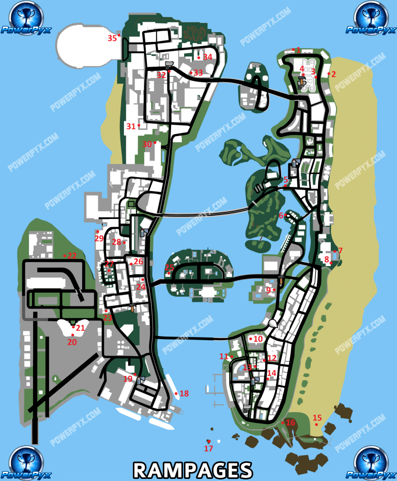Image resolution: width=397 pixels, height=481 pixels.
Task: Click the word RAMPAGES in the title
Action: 193,469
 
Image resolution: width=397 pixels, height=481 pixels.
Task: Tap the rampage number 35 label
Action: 112,38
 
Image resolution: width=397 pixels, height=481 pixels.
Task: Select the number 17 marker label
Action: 208,448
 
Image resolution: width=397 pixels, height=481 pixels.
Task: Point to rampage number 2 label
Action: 333,74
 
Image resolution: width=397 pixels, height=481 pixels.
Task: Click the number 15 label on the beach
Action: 317,418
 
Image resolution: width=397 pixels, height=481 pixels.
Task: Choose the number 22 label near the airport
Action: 72,255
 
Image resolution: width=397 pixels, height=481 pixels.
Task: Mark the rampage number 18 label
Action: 184,393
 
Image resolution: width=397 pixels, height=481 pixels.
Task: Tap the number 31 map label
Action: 131,126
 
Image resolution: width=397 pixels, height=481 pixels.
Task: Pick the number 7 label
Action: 340,251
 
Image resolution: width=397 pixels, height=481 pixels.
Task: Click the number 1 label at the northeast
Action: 298,50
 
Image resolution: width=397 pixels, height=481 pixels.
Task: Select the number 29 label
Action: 99,238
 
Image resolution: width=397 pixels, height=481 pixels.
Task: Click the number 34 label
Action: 208,57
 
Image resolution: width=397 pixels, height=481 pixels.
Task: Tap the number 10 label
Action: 258,339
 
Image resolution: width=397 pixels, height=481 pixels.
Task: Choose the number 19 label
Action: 128,379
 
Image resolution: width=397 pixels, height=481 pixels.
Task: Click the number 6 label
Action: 282,215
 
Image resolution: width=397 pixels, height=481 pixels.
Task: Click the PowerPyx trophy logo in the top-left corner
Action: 25,17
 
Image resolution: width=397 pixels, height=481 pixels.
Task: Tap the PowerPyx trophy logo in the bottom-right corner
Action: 371,462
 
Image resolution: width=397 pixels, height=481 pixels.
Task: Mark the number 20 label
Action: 72,342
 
